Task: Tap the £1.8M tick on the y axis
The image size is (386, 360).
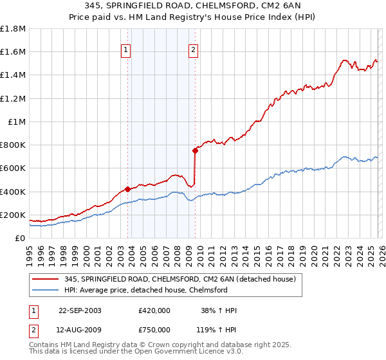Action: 13,29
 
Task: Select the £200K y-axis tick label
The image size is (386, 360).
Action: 13,215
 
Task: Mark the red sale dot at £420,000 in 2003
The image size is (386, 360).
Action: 128,189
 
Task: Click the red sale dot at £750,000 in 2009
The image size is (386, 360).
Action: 194,151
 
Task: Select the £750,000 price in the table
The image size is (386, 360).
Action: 154,330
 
